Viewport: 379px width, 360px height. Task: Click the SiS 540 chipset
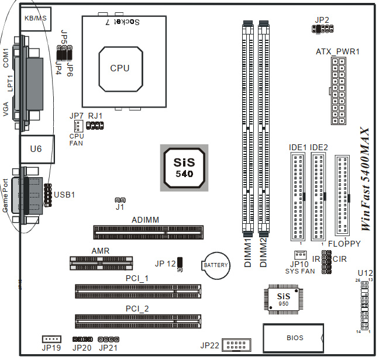tap(184, 167)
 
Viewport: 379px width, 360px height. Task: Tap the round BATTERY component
tap(215, 266)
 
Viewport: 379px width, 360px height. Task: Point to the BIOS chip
tap(294, 338)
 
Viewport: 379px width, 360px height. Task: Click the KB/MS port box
tap(35, 19)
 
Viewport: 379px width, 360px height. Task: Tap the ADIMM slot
tap(149, 233)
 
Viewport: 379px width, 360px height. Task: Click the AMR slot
tap(101, 262)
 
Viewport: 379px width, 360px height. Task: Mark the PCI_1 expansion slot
tap(137, 290)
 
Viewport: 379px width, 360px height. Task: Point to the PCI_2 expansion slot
tap(137, 320)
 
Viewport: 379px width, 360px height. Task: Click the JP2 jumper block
tap(322, 29)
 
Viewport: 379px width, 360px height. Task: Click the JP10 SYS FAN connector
tap(300, 255)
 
